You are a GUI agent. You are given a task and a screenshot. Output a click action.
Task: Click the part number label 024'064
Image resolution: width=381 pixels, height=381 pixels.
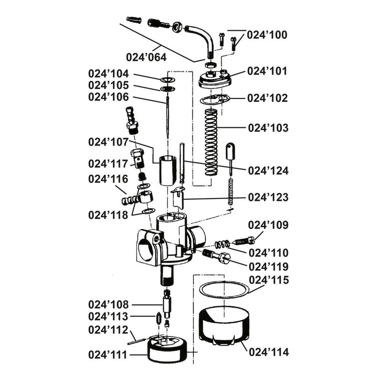tap(146, 57)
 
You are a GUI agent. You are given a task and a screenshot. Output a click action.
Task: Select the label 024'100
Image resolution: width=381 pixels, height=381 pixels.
tap(267, 35)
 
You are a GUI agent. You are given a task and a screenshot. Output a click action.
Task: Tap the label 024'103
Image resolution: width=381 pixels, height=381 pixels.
tap(267, 128)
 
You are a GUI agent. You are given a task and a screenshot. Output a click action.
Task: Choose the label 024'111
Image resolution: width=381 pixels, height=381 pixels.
tap(108, 355)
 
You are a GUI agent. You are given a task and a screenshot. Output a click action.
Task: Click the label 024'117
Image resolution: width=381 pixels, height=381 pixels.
tap(108, 164)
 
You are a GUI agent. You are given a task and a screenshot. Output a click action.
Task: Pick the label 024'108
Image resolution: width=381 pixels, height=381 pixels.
tap(108, 304)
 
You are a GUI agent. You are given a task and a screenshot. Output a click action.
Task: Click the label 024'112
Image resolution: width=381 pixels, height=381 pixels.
tap(108, 330)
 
